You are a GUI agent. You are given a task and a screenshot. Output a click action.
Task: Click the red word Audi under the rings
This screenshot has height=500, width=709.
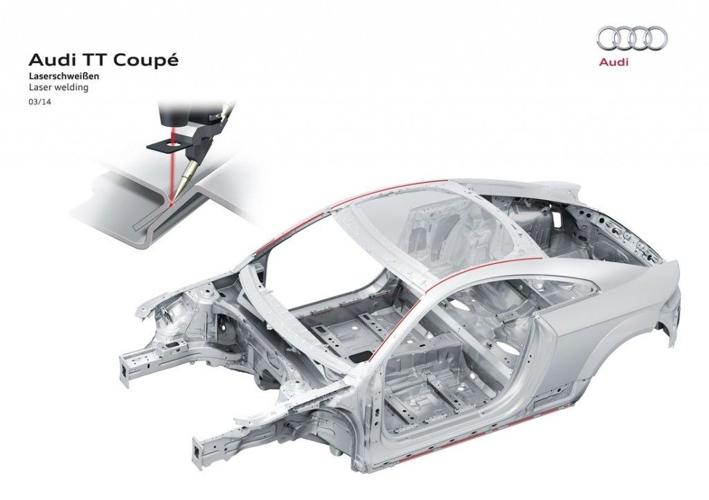point(613,62)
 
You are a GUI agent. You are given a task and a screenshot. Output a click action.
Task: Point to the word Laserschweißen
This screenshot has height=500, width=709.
point(64,76)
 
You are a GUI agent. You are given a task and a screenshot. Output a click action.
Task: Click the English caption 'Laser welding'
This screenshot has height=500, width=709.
point(59,88)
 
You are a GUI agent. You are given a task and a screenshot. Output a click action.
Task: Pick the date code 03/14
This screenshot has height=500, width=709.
point(39,102)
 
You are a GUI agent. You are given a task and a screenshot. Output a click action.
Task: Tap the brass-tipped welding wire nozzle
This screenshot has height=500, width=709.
point(187,178)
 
